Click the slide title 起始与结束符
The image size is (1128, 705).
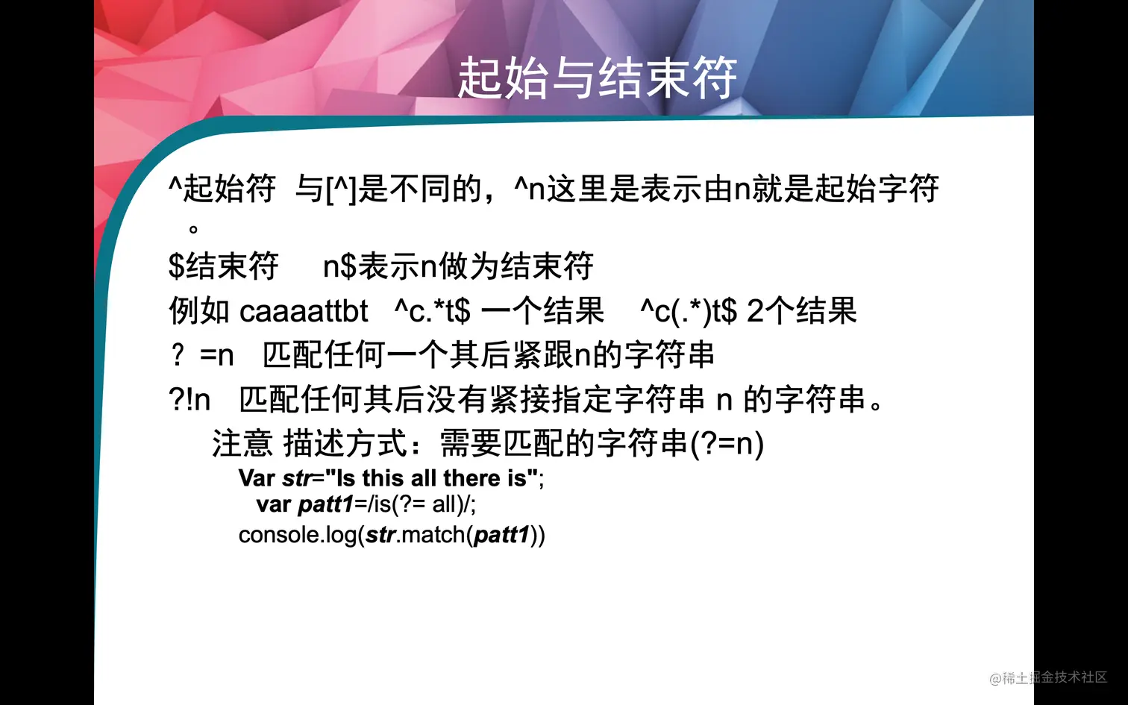pos(597,78)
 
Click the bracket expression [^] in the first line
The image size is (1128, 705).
pos(342,189)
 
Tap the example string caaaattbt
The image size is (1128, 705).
pos(304,311)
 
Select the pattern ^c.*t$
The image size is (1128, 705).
pos(432,311)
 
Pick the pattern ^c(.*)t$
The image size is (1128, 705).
pos(688,311)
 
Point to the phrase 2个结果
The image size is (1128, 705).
pos(802,311)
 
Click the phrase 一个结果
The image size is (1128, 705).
pos(543,311)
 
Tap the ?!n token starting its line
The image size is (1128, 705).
pos(189,400)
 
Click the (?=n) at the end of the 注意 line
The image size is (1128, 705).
pos(727,444)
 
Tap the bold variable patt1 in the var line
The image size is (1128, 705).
pos(325,505)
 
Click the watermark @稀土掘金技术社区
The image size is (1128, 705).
pos(1048,677)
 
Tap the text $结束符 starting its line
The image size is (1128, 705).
pos(223,266)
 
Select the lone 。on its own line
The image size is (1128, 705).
pos(193,229)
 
